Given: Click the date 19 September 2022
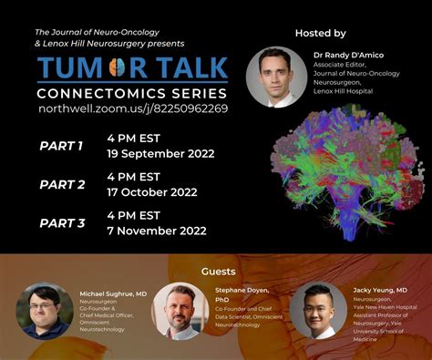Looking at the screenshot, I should (x=159, y=153).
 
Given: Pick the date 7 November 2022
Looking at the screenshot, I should (x=155, y=231).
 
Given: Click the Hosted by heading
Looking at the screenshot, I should (x=320, y=33).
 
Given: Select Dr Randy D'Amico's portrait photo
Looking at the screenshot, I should (x=276, y=77).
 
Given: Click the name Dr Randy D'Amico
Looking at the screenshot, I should (x=348, y=55).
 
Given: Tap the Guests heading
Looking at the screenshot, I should (x=218, y=271).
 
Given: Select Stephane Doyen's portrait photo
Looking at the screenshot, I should (x=180, y=311).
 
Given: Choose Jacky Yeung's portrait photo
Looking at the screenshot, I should (x=319, y=311).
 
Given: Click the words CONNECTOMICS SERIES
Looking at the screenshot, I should (x=132, y=93).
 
